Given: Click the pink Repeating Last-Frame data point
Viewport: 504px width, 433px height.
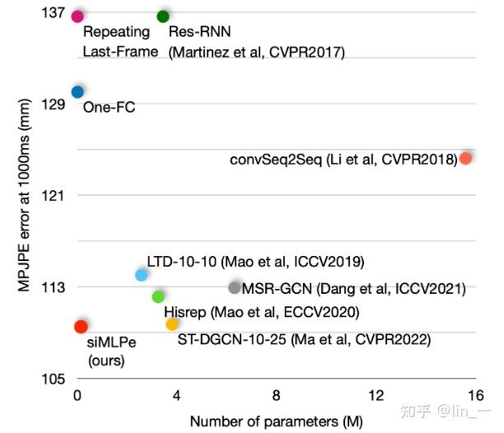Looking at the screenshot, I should [x=77, y=16].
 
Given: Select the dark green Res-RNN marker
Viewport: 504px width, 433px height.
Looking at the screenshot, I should [x=163, y=16].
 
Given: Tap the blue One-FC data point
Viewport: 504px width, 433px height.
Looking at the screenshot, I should [x=77, y=92].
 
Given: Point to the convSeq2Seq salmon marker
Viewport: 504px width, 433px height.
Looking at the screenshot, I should [x=465, y=158].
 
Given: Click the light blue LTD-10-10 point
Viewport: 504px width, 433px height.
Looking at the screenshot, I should [x=141, y=274].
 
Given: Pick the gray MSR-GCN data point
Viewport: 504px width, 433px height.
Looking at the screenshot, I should [x=235, y=287].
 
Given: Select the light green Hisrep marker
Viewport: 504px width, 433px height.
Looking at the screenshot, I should [x=158, y=296].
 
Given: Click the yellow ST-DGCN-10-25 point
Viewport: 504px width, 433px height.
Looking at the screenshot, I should [x=172, y=324].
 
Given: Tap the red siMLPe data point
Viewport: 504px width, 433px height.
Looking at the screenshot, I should [x=81, y=327].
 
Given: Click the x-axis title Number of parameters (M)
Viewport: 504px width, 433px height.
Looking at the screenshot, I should [x=276, y=421].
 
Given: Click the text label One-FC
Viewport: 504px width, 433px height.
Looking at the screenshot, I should [x=108, y=107].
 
